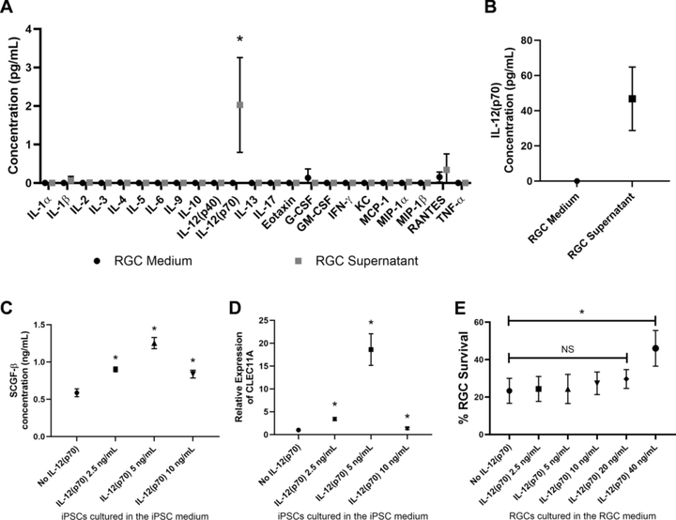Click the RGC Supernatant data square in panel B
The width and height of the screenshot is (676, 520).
point(633,99)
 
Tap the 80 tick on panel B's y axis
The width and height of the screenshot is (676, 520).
point(534,41)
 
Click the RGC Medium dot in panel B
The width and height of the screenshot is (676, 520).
point(576,180)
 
